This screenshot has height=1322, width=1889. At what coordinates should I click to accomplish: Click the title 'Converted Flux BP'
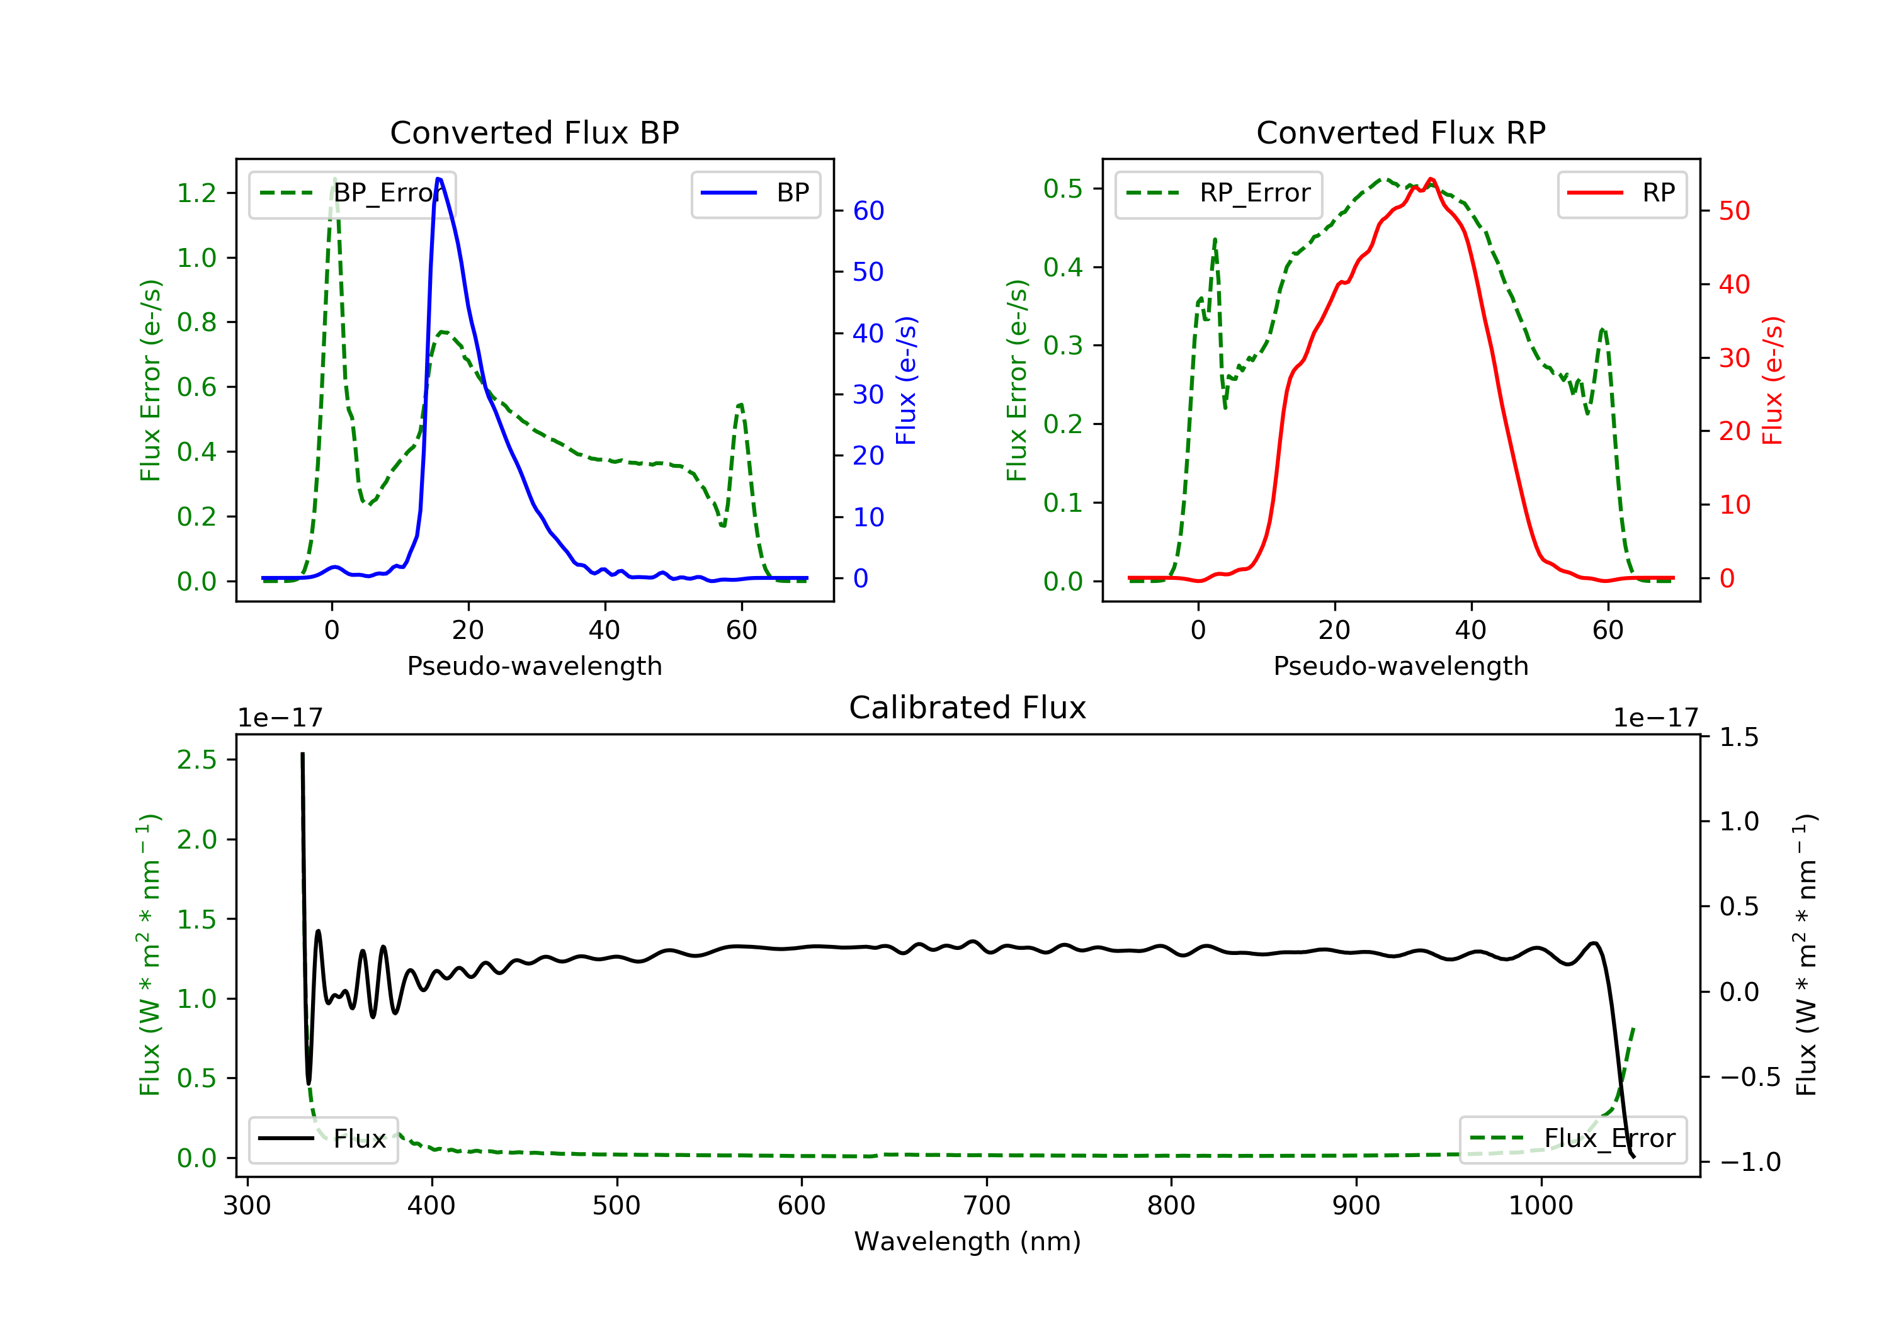pyautogui.click(x=534, y=132)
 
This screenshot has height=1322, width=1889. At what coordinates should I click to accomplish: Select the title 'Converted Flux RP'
pyautogui.click(x=1400, y=132)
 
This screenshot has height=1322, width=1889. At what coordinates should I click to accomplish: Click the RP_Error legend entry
pyautogui.click(x=1218, y=193)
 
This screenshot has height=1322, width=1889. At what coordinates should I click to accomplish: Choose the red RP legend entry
pyautogui.click(x=1621, y=193)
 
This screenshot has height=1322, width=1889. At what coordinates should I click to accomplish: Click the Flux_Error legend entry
pyautogui.click(x=1572, y=1139)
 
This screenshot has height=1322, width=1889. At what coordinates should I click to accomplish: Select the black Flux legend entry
pyautogui.click(x=324, y=1139)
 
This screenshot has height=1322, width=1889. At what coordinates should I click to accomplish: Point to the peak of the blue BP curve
pyautogui.click(x=438, y=179)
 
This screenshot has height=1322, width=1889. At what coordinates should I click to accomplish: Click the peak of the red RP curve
pyautogui.click(x=1432, y=179)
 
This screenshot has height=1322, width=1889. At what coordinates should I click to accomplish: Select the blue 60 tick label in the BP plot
pyautogui.click(x=868, y=211)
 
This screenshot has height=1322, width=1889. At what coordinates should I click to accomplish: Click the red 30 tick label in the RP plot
pyautogui.click(x=1734, y=358)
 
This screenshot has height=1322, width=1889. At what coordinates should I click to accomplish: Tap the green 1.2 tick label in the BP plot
pyautogui.click(x=196, y=193)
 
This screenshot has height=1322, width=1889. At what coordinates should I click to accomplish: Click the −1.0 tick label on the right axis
pyautogui.click(x=1749, y=1161)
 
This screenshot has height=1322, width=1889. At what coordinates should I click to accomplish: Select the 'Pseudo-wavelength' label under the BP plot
pyautogui.click(x=534, y=665)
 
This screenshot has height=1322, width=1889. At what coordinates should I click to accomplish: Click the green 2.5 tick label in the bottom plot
pyautogui.click(x=196, y=759)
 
